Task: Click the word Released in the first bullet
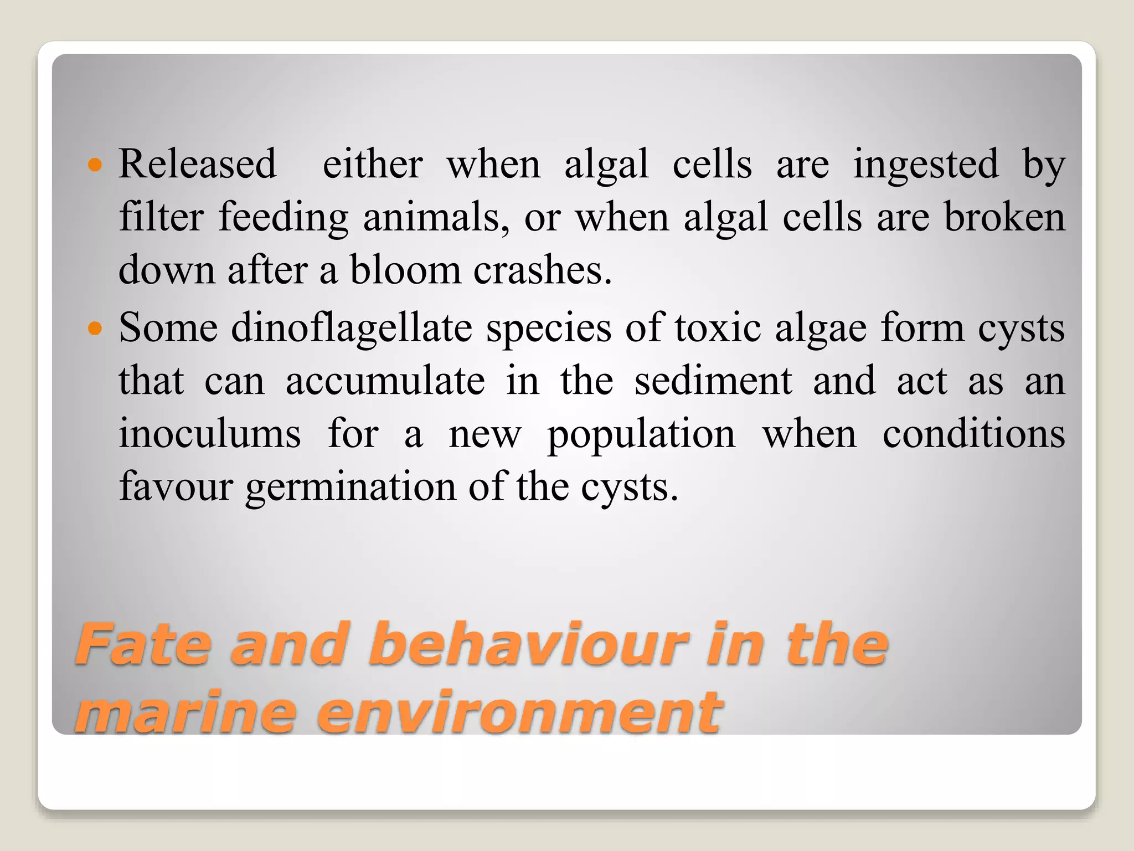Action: (197, 164)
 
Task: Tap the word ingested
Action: (926, 165)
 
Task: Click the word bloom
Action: (405, 270)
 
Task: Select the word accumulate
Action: (385, 381)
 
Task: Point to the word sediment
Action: (713, 381)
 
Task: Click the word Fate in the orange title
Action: (143, 644)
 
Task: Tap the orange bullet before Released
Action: (95, 165)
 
